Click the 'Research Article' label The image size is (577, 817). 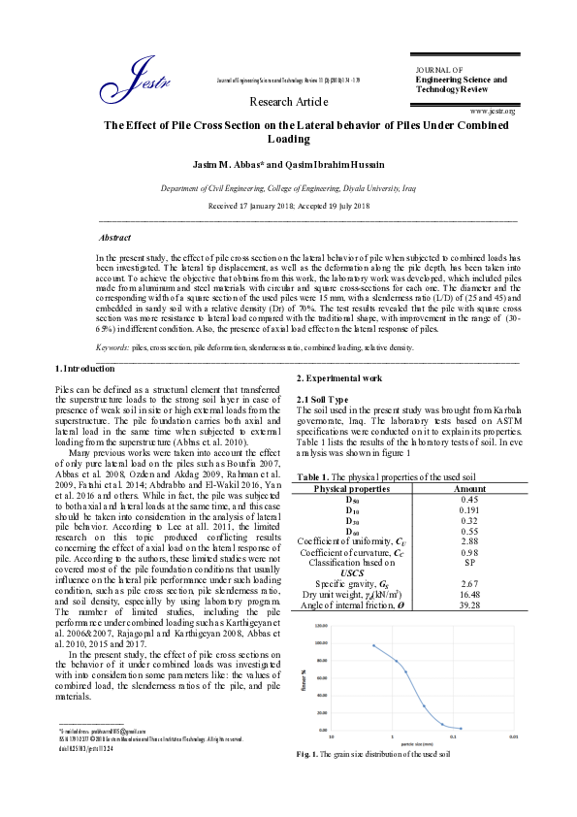point(288,101)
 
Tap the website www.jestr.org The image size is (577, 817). point(492,112)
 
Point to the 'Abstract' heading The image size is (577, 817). point(117,237)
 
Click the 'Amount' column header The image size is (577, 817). point(469,489)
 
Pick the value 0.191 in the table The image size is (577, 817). point(469,509)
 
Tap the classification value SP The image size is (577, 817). point(469,562)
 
